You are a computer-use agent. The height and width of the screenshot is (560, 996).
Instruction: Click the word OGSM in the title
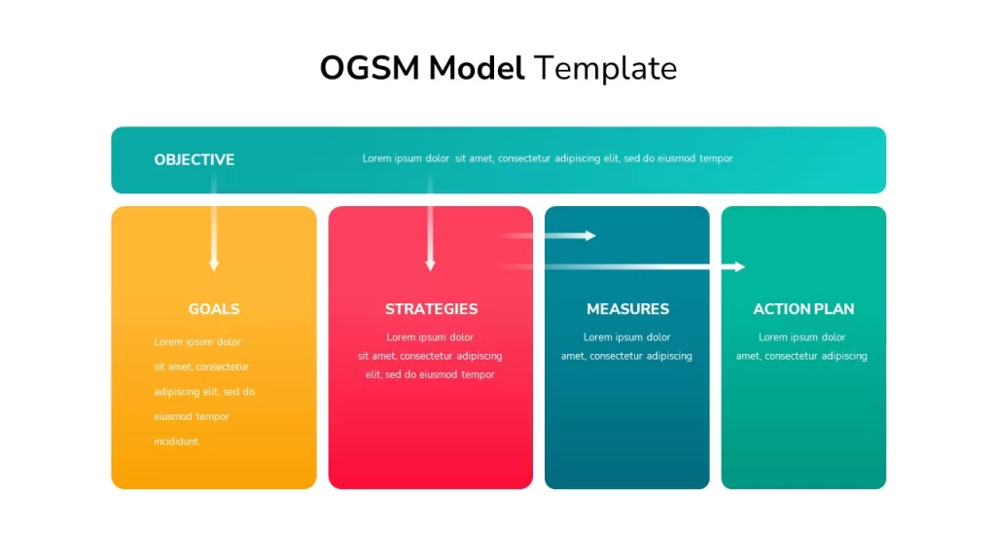tap(370, 68)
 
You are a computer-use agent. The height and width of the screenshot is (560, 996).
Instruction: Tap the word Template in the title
tap(605, 69)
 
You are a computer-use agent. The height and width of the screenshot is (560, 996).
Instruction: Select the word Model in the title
tap(477, 68)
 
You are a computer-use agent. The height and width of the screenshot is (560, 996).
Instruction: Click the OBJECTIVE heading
tap(195, 159)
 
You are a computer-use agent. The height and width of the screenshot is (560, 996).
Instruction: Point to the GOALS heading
tap(214, 308)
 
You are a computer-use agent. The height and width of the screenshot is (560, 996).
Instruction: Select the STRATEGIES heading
tap(431, 308)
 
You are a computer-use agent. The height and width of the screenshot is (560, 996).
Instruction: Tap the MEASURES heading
tap(627, 308)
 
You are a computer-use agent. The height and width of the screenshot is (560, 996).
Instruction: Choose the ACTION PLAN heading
tap(803, 308)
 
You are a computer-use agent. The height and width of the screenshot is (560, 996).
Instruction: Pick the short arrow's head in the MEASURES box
tap(590, 235)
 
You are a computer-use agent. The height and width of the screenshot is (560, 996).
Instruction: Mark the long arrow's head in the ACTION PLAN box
tap(739, 266)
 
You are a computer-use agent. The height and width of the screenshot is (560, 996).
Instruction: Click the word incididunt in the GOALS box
tap(177, 441)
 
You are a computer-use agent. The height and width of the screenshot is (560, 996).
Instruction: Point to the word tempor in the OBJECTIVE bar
tap(716, 158)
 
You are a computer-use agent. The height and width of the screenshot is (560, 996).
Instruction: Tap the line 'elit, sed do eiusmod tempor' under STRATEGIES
tap(430, 374)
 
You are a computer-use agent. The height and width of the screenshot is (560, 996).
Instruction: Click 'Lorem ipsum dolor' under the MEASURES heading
tap(627, 337)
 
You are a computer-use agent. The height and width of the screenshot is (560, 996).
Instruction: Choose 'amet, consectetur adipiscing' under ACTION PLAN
tap(801, 356)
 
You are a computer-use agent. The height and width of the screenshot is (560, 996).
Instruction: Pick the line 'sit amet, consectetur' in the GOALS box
tap(201, 367)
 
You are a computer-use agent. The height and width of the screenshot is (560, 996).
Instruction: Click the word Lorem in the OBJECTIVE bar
tap(376, 158)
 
